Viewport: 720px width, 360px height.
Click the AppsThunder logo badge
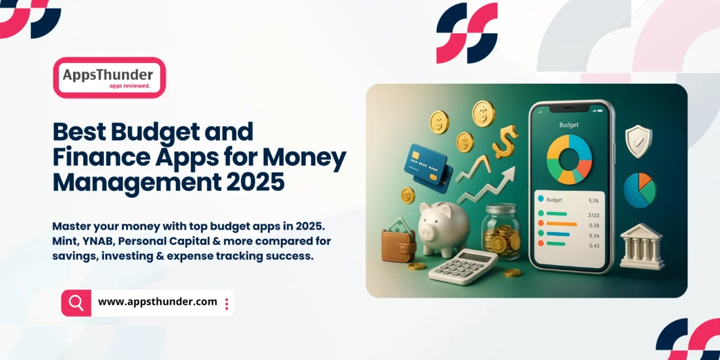coord(109,78)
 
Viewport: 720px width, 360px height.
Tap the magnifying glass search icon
coord(76,303)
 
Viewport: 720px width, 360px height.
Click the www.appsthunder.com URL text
coord(157,302)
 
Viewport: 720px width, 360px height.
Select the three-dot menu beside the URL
coord(226,304)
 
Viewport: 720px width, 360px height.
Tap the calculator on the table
coord(462,266)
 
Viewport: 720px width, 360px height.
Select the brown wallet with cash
coord(399,242)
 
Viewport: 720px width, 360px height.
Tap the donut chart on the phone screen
coord(569,159)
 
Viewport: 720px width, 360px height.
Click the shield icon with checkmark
coord(638,141)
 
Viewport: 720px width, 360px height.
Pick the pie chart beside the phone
coord(640,190)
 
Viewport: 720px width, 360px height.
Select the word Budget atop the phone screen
coord(569,125)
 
